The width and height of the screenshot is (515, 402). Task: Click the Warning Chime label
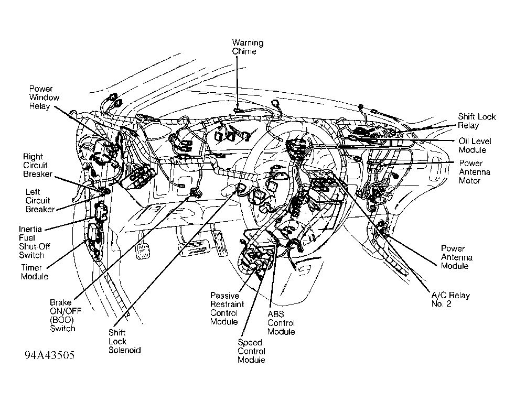[248, 47]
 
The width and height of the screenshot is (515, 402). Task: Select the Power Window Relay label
[44, 97]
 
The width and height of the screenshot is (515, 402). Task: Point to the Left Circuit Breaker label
[39, 201]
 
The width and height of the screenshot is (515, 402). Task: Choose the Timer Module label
[35, 271]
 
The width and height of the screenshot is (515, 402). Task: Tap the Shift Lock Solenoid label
[124, 341]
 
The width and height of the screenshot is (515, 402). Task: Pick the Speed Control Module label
[252, 351]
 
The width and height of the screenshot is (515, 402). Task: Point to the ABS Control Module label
[281, 323]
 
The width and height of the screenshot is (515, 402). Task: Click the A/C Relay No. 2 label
[447, 299]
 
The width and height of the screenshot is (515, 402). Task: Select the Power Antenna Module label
[456, 257]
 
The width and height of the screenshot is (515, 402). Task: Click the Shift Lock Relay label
[476, 121]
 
